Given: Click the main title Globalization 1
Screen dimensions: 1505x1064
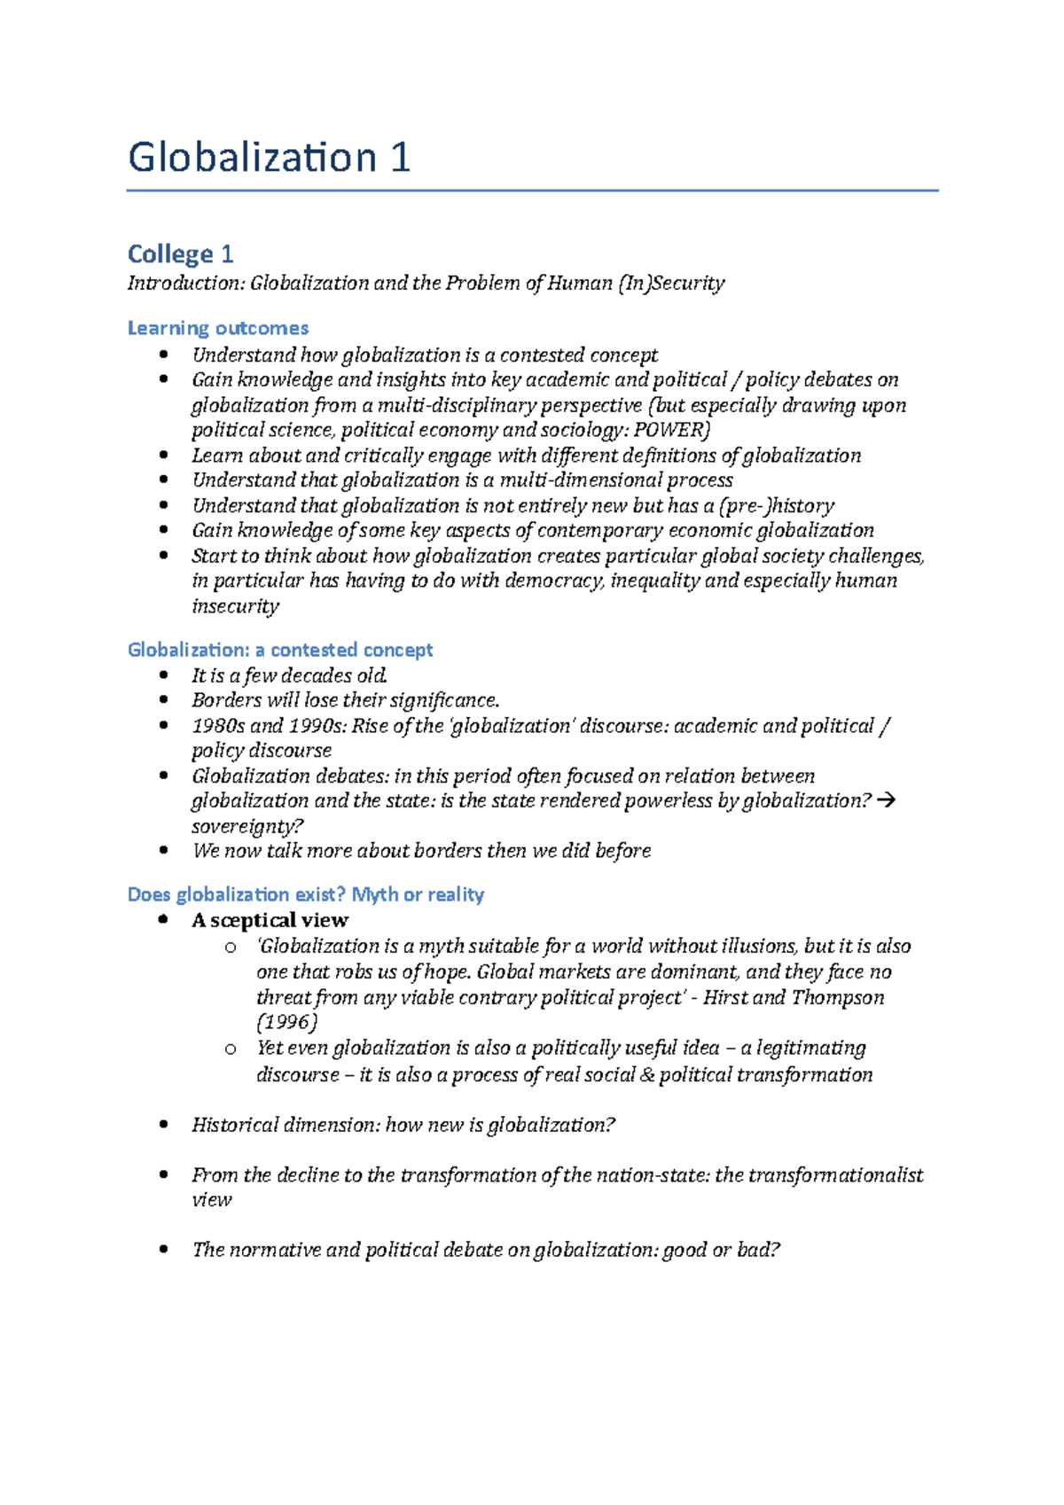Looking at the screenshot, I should click(x=269, y=158).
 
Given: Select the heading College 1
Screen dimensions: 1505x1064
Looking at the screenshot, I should click(x=180, y=254).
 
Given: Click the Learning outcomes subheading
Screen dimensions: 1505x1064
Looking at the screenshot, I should click(x=218, y=328).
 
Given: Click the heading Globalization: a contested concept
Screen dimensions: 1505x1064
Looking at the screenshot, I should click(x=280, y=650).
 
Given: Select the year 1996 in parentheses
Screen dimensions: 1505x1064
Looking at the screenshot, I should click(x=286, y=1023).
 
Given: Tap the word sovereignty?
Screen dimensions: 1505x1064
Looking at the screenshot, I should click(x=247, y=826).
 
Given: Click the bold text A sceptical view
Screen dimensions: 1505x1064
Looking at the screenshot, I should click(x=270, y=920).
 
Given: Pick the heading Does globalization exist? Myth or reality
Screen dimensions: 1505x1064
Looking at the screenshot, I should click(x=306, y=894).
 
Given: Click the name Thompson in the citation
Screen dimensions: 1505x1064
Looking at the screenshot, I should click(x=837, y=997).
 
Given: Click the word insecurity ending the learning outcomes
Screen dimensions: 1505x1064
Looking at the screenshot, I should click(x=235, y=606).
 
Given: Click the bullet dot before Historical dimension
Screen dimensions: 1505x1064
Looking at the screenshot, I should click(x=163, y=1125).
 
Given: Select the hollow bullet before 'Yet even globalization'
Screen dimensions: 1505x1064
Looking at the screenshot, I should click(x=231, y=1049).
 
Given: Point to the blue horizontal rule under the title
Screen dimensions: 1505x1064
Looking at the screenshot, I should click(x=532, y=191).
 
